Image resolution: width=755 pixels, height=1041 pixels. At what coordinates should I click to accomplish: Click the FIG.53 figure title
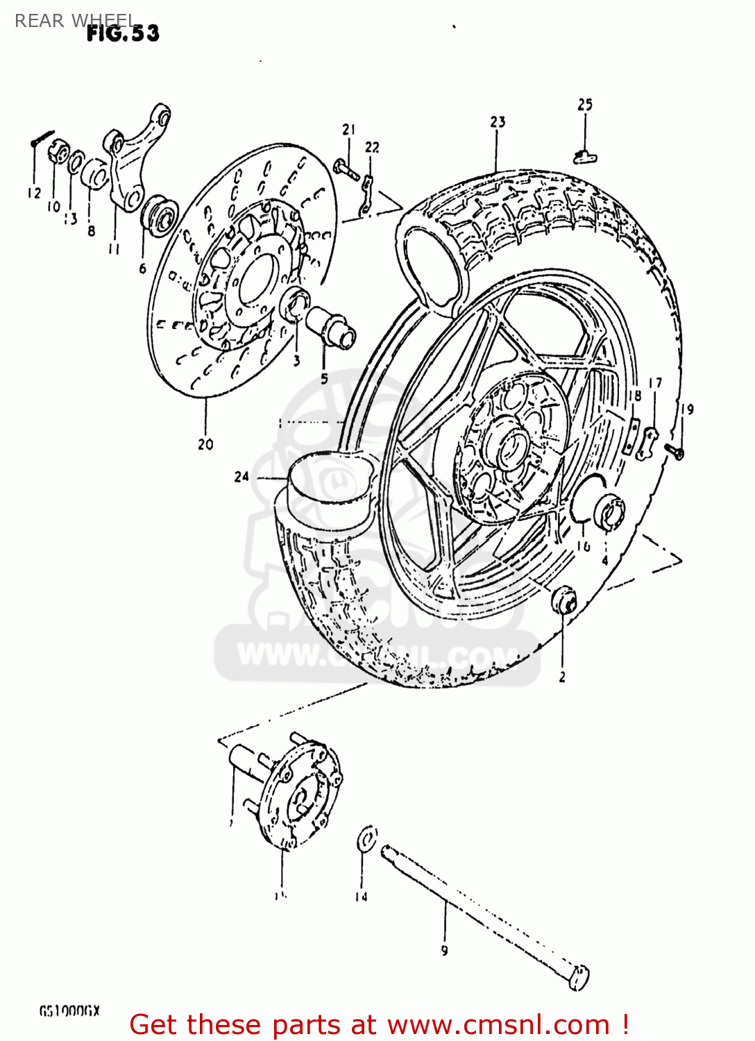pos(123,33)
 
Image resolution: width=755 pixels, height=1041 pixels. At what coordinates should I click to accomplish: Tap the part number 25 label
pos(585,105)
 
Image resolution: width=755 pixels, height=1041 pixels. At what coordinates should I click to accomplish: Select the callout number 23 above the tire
pos(498,122)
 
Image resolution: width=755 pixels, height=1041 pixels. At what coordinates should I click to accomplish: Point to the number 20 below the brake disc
pos(205,444)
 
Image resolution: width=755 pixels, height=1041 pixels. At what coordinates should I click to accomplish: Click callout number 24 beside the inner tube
pos(241,477)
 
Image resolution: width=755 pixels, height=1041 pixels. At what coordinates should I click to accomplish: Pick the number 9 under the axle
pos(444,951)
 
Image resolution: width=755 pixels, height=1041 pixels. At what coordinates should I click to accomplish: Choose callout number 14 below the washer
pos(361,897)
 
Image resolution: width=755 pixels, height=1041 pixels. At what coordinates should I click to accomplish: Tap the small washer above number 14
pos(366,838)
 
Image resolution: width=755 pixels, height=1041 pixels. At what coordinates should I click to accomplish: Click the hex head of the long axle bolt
pos(578,977)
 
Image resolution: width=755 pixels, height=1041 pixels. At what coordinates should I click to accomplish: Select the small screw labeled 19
pos(675,451)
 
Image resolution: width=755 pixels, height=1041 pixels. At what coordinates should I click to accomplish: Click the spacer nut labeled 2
pos(563,600)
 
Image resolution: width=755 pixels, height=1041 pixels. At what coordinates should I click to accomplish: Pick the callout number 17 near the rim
pos(655,383)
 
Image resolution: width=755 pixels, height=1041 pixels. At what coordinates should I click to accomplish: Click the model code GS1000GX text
pos(69,1011)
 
